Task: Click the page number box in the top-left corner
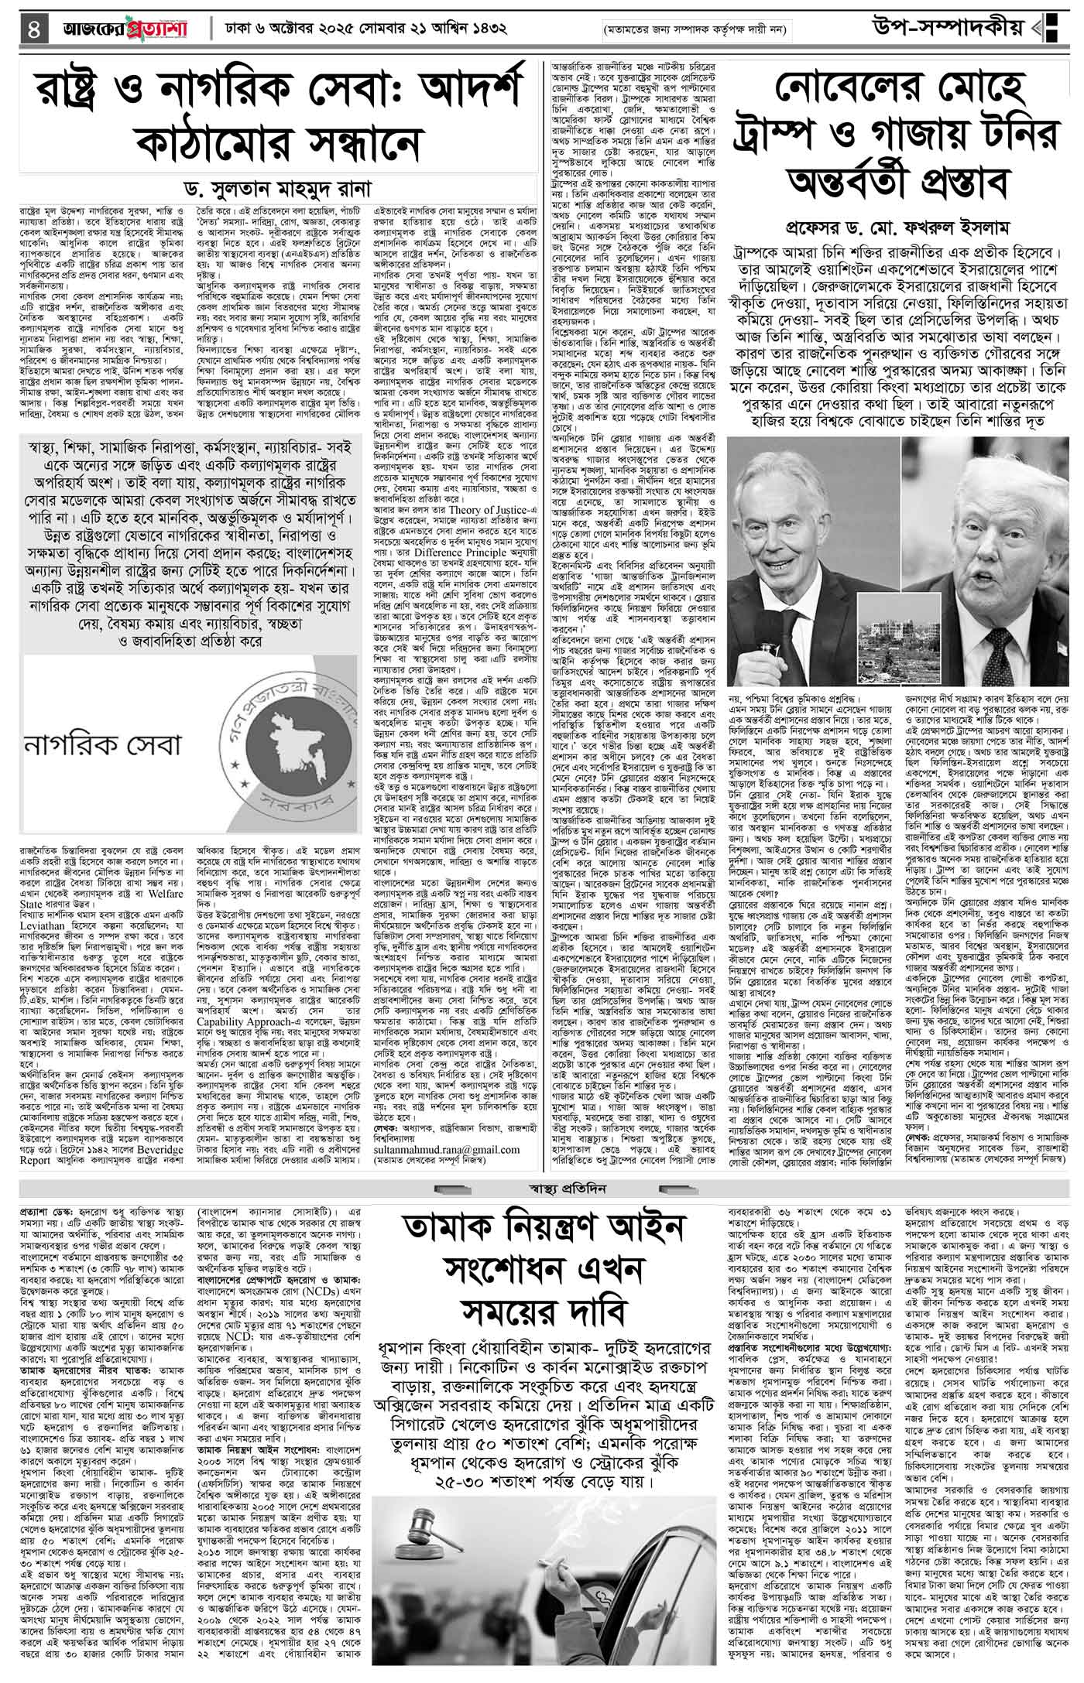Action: [32, 29]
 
